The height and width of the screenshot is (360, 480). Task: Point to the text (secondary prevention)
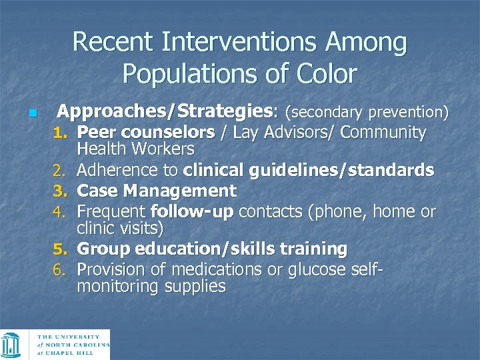[x=367, y=110]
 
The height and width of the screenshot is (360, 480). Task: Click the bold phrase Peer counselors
[x=146, y=133]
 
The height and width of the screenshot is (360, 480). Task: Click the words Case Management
[x=157, y=191]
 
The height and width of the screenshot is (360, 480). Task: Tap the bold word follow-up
[x=193, y=212]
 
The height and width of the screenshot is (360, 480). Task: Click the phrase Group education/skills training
[x=212, y=249]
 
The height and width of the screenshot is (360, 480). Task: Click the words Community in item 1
[x=383, y=133]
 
